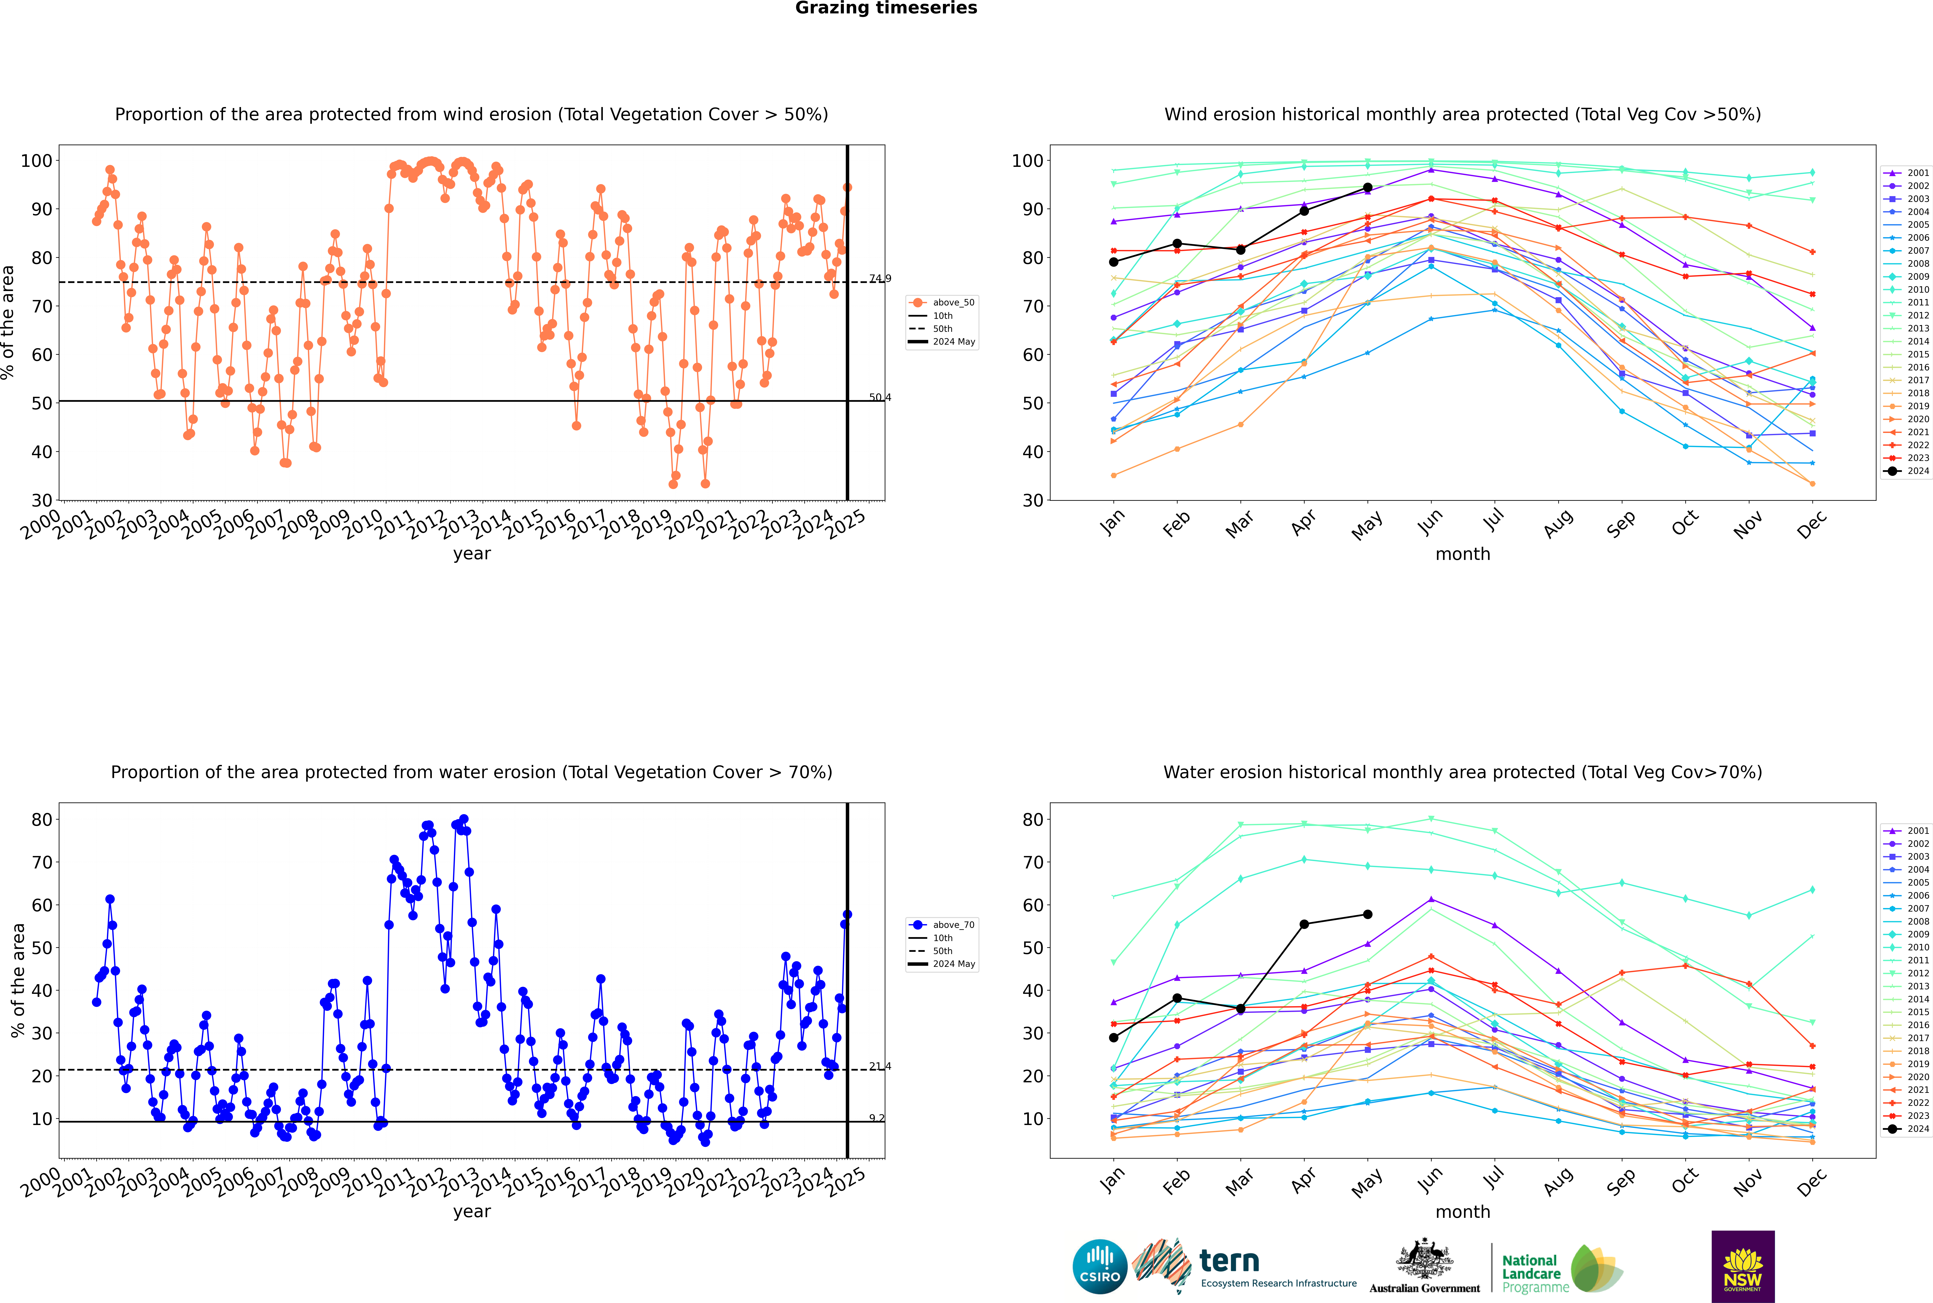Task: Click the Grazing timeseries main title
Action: (x=886, y=8)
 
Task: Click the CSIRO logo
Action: (x=1099, y=1266)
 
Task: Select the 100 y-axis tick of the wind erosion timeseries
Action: (x=37, y=160)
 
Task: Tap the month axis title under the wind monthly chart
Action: (x=1463, y=554)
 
